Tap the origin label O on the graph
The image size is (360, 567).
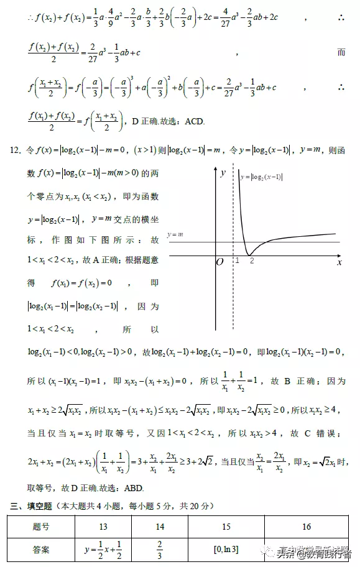tap(219, 262)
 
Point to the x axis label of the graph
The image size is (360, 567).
tap(339, 262)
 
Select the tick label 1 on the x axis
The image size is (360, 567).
tap(237, 261)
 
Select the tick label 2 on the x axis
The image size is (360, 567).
tap(252, 261)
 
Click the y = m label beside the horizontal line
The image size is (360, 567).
tap(175, 234)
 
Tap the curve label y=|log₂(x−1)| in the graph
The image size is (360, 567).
tap(261, 177)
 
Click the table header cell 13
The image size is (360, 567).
tap(103, 527)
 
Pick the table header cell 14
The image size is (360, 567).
tap(160, 527)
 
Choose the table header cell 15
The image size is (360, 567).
tap(226, 527)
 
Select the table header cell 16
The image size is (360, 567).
tap(306, 527)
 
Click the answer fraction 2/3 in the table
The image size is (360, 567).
tap(160, 549)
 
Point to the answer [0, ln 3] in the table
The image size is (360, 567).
tap(225, 549)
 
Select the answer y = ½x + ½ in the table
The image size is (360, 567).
tap(103, 549)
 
